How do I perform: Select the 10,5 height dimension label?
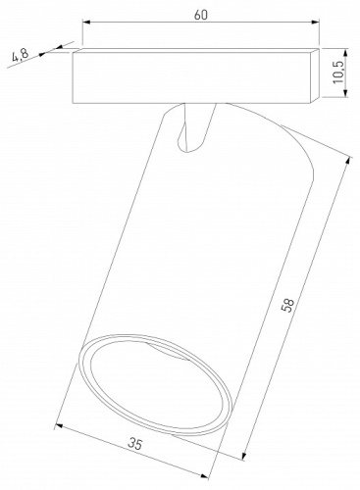(x=339, y=74)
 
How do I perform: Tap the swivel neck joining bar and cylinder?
(x=193, y=127)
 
